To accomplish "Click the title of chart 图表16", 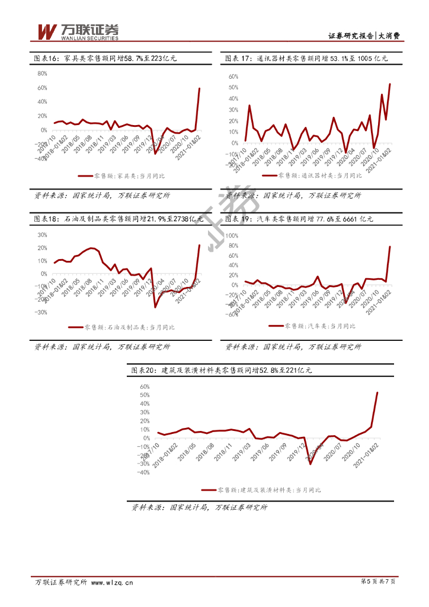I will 104,59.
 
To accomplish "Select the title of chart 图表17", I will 306,59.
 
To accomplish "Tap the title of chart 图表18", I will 118,219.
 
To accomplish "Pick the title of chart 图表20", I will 220,370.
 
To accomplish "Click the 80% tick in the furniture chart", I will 42,74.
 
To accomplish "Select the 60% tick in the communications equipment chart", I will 232,76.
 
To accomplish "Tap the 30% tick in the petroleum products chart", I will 42,234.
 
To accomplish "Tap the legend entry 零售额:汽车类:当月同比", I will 312,326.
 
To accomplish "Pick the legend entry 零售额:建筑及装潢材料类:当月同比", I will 261,490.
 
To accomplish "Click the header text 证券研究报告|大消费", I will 364,36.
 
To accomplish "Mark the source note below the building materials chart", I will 200,507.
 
